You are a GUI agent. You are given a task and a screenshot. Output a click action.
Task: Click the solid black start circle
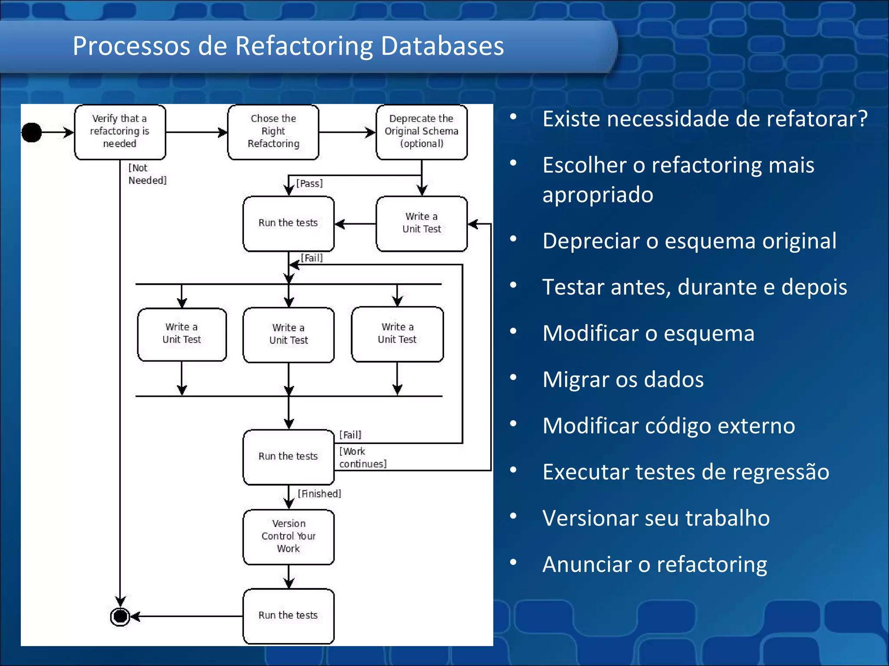pyautogui.click(x=32, y=132)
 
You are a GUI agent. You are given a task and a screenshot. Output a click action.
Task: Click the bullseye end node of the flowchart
pyautogui.click(x=120, y=616)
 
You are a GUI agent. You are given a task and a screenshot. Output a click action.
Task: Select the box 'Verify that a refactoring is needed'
pyautogui.click(x=120, y=132)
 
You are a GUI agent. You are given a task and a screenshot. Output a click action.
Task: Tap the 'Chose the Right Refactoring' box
pyautogui.click(x=273, y=132)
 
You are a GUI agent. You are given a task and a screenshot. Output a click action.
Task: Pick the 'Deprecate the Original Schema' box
pyautogui.click(x=421, y=132)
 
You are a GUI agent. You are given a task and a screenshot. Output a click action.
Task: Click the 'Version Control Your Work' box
pyautogui.click(x=289, y=537)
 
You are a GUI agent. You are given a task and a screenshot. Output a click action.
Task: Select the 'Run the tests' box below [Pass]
pyautogui.click(x=289, y=224)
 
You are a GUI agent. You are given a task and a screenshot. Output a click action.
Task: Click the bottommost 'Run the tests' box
pyautogui.click(x=289, y=616)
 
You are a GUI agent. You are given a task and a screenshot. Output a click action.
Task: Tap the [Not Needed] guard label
pyautogui.click(x=147, y=174)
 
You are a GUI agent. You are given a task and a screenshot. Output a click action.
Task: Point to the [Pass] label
pyautogui.click(x=310, y=183)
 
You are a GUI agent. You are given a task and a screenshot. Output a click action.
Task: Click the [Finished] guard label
pyautogui.click(x=319, y=494)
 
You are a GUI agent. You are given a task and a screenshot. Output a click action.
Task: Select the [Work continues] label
pyautogui.click(x=362, y=458)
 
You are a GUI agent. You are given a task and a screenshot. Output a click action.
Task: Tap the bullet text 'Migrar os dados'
pyautogui.click(x=622, y=379)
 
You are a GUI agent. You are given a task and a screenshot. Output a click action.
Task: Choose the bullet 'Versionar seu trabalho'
pyautogui.click(x=655, y=518)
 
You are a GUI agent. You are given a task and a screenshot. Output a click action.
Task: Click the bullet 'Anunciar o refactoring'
pyautogui.click(x=655, y=565)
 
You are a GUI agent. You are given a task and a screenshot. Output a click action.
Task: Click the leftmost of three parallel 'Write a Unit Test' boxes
pyautogui.click(x=182, y=334)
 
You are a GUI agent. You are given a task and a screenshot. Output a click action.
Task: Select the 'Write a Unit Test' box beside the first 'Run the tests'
pyautogui.click(x=421, y=223)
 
